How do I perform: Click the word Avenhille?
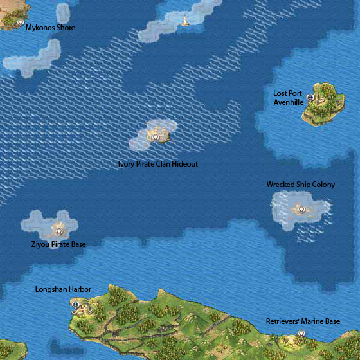point(288,102)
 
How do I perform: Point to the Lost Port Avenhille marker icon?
point(310,97)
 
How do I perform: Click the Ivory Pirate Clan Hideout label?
point(158,164)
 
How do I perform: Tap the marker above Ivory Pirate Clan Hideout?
point(156,137)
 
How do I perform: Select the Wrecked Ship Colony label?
point(301,184)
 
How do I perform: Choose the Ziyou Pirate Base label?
point(59,244)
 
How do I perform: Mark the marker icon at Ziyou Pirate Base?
point(59,230)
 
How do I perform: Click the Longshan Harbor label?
point(63,289)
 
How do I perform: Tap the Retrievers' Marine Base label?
point(303,321)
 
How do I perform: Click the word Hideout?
point(184,164)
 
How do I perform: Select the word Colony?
point(323,184)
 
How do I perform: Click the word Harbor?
point(80,289)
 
